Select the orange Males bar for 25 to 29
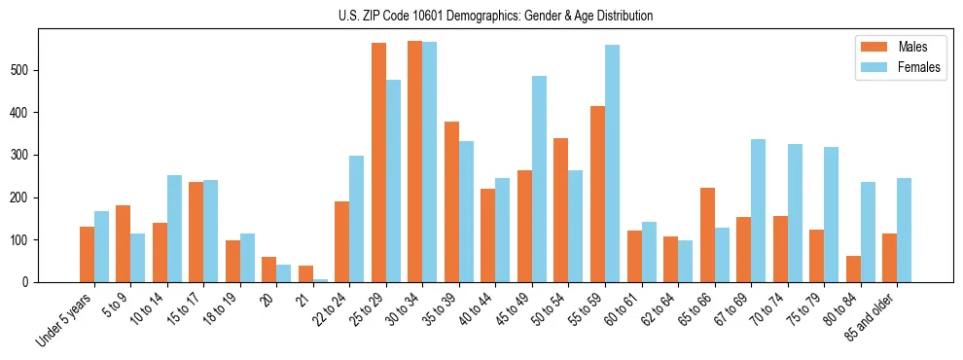pyautogui.click(x=378, y=162)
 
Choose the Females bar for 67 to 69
pyautogui.click(x=758, y=210)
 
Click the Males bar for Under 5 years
pyautogui.click(x=87, y=254)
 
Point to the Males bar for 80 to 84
pyautogui.click(x=853, y=269)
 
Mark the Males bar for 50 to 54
pyautogui.click(x=561, y=210)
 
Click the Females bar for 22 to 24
pyautogui.click(x=356, y=219)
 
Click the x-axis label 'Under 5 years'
pyautogui.click(x=65, y=319)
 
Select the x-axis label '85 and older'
pyautogui.click(x=870, y=317)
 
